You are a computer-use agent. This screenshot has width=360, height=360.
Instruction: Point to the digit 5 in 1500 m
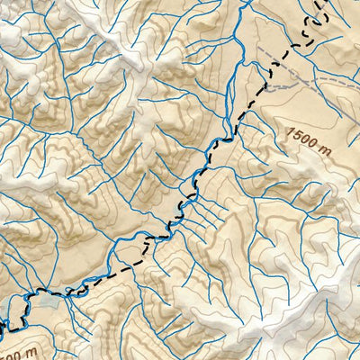296,135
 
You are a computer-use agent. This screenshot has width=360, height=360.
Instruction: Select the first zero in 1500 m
303,138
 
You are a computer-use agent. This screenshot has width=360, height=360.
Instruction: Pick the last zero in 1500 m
310,140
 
